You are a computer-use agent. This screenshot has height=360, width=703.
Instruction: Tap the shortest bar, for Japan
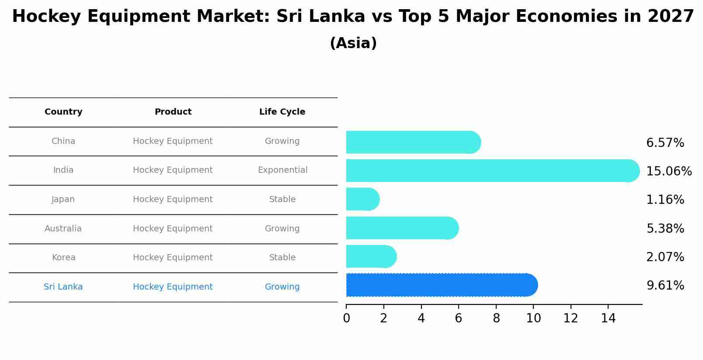[x=362, y=199]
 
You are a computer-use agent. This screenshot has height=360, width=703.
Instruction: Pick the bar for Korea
[x=371, y=257]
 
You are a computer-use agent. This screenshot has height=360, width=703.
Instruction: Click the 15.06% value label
[x=668, y=171]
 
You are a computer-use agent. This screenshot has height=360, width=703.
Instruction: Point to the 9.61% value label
[x=665, y=286]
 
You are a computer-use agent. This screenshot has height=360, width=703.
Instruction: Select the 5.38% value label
[x=665, y=229]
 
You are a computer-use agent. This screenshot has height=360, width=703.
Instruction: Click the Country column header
[x=63, y=112]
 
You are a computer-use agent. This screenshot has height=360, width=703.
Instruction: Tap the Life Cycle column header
[x=282, y=112]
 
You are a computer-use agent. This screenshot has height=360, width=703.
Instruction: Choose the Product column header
[x=173, y=112]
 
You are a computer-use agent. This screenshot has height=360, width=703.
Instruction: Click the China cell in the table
[x=63, y=141]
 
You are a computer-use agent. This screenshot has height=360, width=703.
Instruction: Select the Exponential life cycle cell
[x=282, y=170]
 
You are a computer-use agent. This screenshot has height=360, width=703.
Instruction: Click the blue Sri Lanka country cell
[x=63, y=287]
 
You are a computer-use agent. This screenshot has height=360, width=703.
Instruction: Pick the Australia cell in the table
[x=63, y=229]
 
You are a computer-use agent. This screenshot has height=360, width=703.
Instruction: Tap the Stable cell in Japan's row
[x=282, y=199]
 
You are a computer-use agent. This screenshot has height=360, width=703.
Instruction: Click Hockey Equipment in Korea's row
[x=173, y=258]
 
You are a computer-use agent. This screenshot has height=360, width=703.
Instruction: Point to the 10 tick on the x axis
[x=533, y=318]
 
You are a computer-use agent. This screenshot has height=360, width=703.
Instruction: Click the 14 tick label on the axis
[x=608, y=318]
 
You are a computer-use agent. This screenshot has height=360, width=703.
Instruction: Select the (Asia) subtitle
[x=353, y=43]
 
